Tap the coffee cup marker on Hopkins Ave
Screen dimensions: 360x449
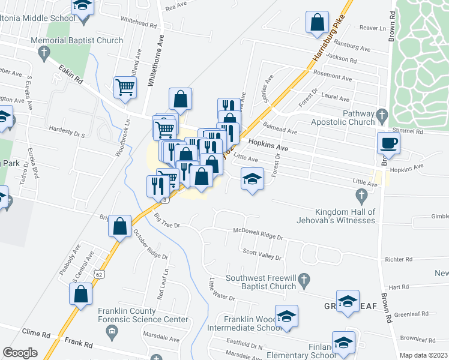pyautogui.click(x=388, y=144)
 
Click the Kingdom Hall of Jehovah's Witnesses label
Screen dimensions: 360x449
pyautogui.click(x=345, y=216)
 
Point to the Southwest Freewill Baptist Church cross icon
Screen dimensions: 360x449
pyautogui.click(x=304, y=279)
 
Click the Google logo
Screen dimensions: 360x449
pyautogui.click(x=20, y=353)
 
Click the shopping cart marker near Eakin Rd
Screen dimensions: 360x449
pyautogui.click(x=125, y=88)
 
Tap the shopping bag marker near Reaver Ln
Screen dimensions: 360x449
pyautogui.click(x=316, y=23)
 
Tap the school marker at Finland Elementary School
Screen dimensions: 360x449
pyautogui.click(x=343, y=343)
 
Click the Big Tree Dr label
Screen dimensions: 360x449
pyautogui.click(x=167, y=221)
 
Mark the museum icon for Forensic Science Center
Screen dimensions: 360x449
pyautogui.click(x=111, y=331)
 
